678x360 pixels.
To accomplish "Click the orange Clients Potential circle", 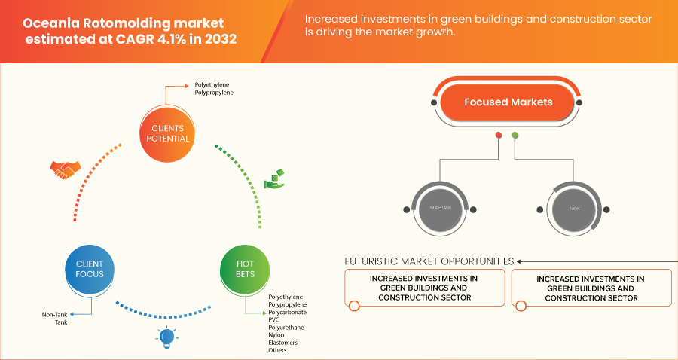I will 166,133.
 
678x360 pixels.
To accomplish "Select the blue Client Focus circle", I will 89,269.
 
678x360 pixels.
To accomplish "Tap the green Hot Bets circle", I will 244,269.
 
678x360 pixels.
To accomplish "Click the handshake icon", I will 63,169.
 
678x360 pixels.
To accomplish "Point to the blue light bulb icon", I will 166,338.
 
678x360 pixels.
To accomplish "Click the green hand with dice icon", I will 273,180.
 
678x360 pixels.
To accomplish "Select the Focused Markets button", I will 508,102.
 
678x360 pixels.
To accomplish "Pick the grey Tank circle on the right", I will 575,207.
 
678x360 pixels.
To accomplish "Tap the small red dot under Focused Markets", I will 498,136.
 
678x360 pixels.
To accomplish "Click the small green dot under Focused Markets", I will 515,136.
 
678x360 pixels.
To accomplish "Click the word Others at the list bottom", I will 278,350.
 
